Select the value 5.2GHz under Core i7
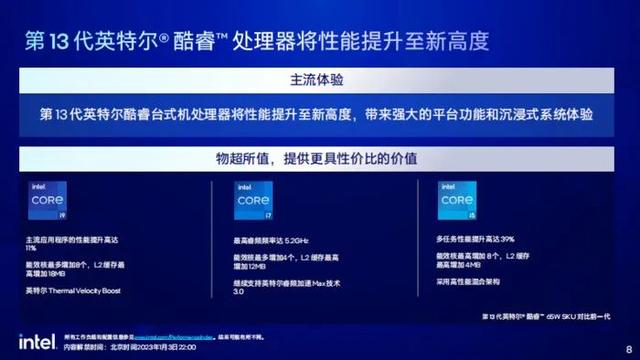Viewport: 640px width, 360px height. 295,241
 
